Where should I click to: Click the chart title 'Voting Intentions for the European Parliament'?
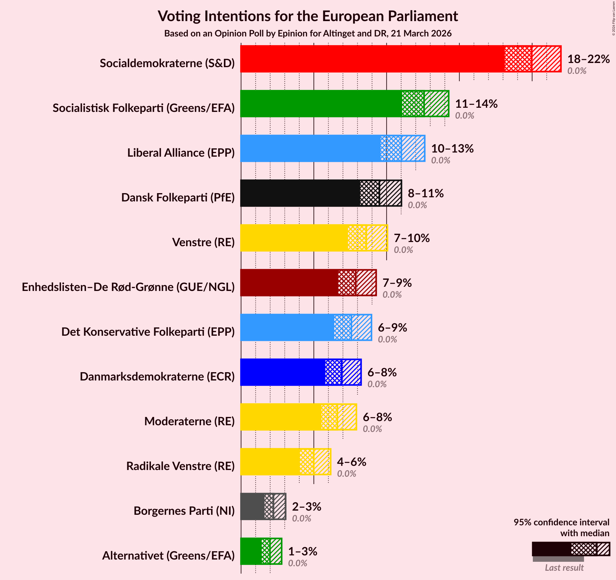coord(308,16)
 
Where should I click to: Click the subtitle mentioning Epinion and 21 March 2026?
coord(308,34)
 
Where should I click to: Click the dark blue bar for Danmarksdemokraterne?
coord(283,372)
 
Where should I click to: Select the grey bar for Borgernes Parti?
coord(253,506)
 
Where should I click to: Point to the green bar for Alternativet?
coord(251,551)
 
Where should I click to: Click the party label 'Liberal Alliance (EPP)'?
coord(181,153)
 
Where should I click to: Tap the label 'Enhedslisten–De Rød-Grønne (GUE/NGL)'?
coord(128,287)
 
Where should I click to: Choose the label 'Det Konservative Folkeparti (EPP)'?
coord(148,332)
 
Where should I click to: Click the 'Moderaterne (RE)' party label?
coord(189,421)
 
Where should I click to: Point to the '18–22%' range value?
coord(588,59)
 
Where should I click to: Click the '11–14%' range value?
coord(476,104)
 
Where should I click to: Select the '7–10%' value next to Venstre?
coord(412,238)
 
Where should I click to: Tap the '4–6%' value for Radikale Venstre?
coord(351,462)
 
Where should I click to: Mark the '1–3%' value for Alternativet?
coord(303,552)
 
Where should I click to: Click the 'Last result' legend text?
coord(564,568)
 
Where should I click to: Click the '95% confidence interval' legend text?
coord(561,522)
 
